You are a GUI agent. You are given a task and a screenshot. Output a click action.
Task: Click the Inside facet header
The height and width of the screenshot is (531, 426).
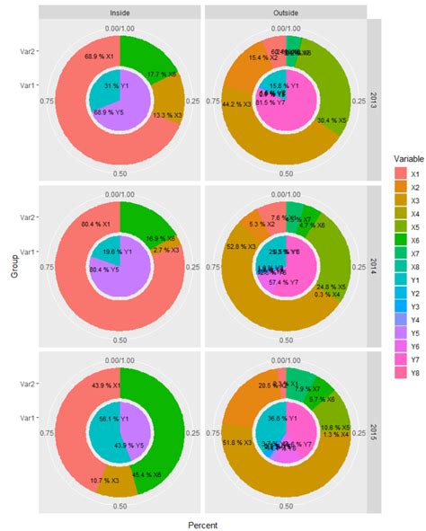pyautogui.click(x=120, y=13)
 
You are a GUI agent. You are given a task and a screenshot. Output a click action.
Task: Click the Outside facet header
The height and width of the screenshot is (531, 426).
pyautogui.click(x=286, y=13)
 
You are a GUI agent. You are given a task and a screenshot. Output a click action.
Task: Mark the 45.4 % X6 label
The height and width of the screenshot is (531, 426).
pyautogui.click(x=147, y=474)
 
